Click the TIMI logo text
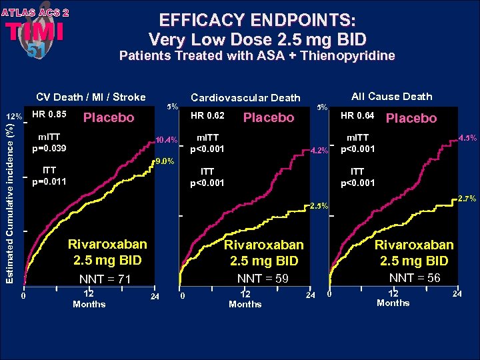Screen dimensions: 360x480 pyautogui.click(x=35, y=31)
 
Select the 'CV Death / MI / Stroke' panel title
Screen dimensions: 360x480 pyautogui.click(x=91, y=97)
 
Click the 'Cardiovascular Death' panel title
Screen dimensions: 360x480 pyautogui.click(x=245, y=98)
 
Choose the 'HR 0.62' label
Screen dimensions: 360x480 pyautogui.click(x=207, y=117)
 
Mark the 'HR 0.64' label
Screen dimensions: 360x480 pyautogui.click(x=358, y=116)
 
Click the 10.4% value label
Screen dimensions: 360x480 pyautogui.click(x=165, y=140)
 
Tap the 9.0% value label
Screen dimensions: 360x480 pyautogui.click(x=164, y=161)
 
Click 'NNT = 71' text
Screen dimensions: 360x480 pyautogui.click(x=105, y=279)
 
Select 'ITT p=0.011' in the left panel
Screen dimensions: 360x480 pyautogui.click(x=49, y=175)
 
